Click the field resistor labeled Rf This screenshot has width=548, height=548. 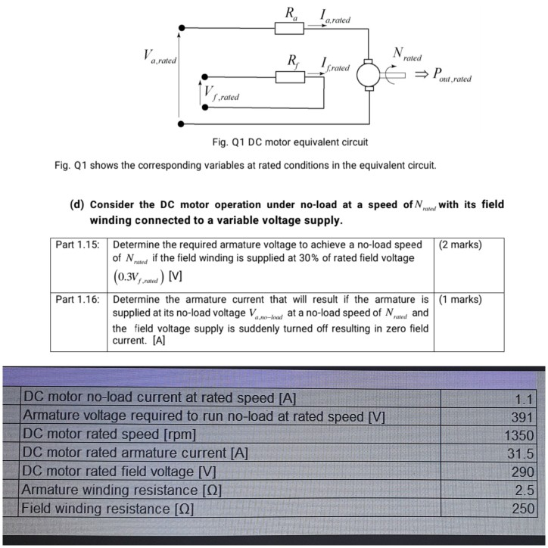click(291, 74)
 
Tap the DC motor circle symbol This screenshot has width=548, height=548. click(372, 75)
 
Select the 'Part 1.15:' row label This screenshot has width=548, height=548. click(78, 245)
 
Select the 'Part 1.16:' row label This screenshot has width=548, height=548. click(78, 299)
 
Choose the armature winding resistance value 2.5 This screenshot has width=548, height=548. click(525, 490)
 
